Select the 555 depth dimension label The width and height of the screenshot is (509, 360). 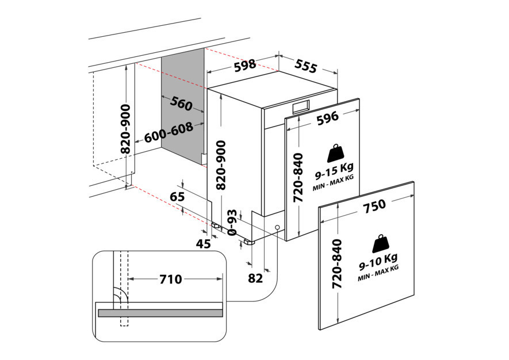tap(305, 67)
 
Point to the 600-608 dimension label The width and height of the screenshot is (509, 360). tap(168, 136)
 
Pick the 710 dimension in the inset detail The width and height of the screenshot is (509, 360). tap(170, 279)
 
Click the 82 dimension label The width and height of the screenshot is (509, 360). tap(255, 278)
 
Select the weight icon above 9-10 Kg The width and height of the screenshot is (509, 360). tap(380, 244)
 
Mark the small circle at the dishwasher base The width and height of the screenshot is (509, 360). tap(278, 228)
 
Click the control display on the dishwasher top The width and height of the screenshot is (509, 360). tap(301, 106)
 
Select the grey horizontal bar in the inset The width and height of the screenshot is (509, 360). tap(160, 313)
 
